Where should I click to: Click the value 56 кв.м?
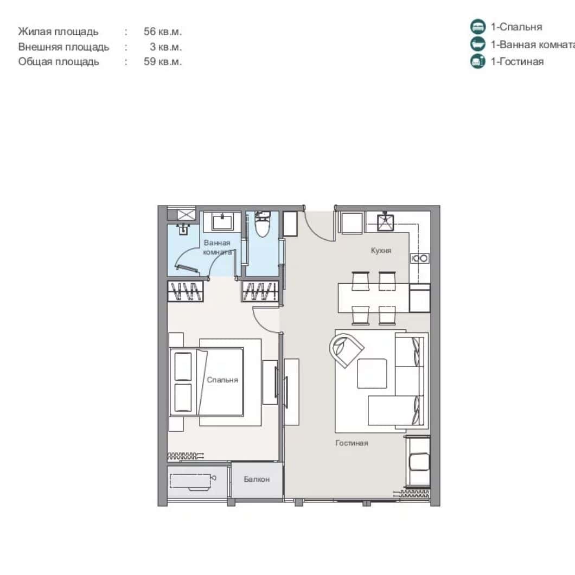(163, 31)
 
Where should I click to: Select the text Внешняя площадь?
(63, 47)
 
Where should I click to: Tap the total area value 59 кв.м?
(163, 62)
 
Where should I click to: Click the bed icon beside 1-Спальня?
(477, 27)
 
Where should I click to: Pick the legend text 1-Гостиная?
(516, 62)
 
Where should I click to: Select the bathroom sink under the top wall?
(222, 222)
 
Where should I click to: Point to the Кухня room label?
(381, 251)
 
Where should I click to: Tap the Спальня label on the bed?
(222, 380)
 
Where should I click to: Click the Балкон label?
(257, 480)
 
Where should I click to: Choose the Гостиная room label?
(352, 443)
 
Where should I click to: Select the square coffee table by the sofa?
(372, 373)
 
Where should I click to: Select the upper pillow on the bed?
(183, 366)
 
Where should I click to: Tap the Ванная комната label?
(218, 247)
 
